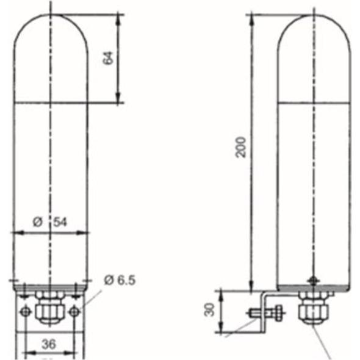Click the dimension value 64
pos(108,58)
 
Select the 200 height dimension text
pos(241,147)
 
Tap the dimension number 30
pos(209,310)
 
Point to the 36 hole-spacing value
pos(49,344)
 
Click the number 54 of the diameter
pos(60,222)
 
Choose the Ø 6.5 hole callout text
pos(120,280)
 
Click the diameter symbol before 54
pos(38,222)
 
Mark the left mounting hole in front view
pos(25,312)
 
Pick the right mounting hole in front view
pos(74,312)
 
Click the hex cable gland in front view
pos(49,306)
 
